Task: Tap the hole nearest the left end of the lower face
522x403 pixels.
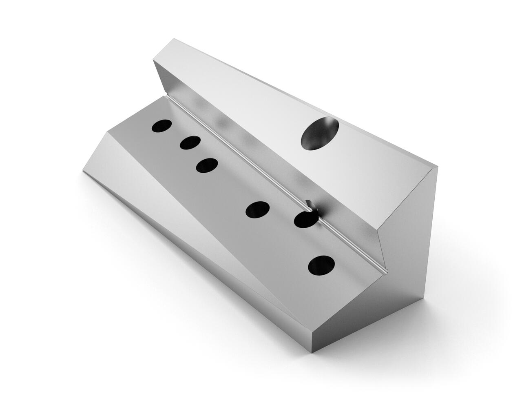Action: (x=162, y=126)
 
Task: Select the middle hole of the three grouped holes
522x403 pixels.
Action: (x=190, y=142)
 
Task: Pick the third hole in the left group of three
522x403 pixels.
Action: (x=207, y=165)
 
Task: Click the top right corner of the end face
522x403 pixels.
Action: (x=437, y=167)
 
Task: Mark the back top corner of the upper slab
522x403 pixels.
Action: (x=174, y=39)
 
